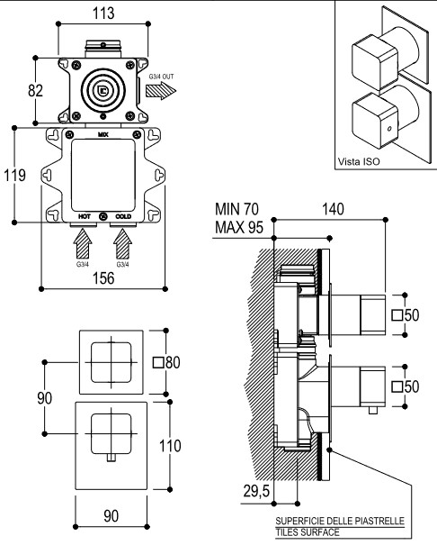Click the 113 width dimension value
click(103, 14)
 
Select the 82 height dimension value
click(35, 91)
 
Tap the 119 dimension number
click(14, 175)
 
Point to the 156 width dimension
click(103, 278)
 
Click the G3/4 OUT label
click(161, 77)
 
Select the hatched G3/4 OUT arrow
click(161, 91)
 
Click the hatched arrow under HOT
click(83, 243)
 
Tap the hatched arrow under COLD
click(123, 243)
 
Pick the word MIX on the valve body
click(103, 134)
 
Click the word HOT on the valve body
click(85, 216)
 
